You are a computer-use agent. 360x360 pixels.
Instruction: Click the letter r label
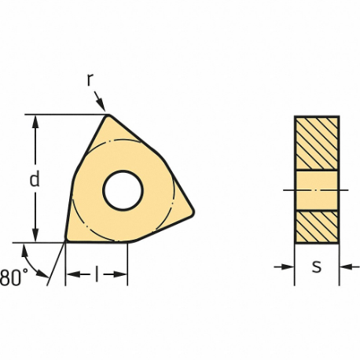pyautogui.click(x=92, y=79)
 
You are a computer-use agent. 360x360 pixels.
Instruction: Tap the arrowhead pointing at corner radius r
pyautogui.click(x=103, y=108)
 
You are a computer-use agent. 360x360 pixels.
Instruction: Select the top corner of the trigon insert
pyautogui.click(x=108, y=117)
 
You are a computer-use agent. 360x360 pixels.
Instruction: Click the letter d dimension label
pyautogui.click(x=34, y=179)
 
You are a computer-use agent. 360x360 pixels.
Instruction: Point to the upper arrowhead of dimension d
pyautogui.click(x=34, y=120)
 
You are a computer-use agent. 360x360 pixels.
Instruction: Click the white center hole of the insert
pyautogui.click(x=123, y=190)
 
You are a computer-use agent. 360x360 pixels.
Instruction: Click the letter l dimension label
pyautogui.click(x=95, y=274)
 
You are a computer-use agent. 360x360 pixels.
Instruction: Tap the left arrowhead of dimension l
pyautogui.click(x=71, y=274)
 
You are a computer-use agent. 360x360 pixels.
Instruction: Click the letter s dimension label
pyautogui.click(x=317, y=266)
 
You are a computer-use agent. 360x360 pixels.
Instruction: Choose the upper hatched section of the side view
pyautogui.click(x=317, y=142)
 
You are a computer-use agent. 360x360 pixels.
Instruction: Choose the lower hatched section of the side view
pyautogui.click(x=317, y=226)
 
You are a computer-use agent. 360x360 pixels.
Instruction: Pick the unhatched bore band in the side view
pyautogui.click(x=317, y=189)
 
